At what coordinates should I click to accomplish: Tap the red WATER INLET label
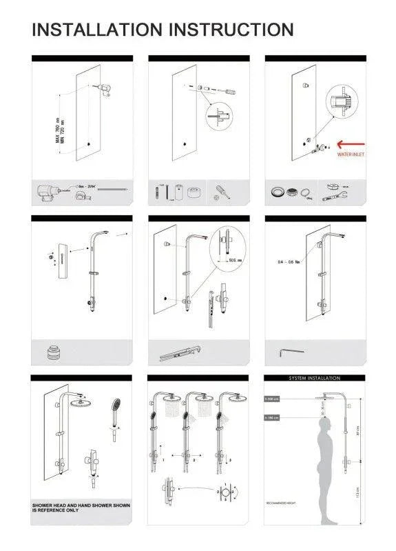click(x=351, y=155)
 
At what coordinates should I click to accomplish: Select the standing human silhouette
click(x=321, y=455)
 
